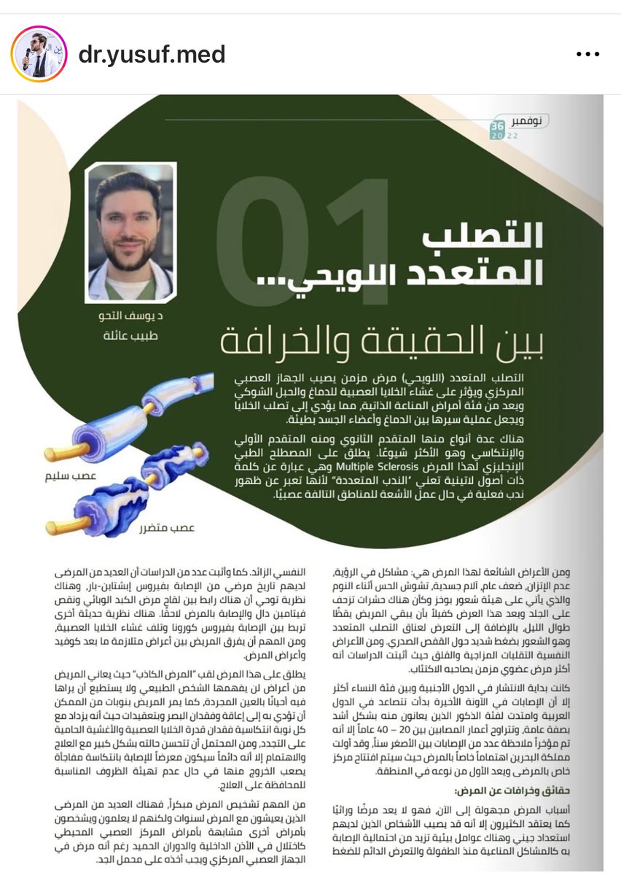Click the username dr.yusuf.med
[x=152, y=55]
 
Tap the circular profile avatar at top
[x=39, y=55]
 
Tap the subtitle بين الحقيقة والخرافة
[x=383, y=341]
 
